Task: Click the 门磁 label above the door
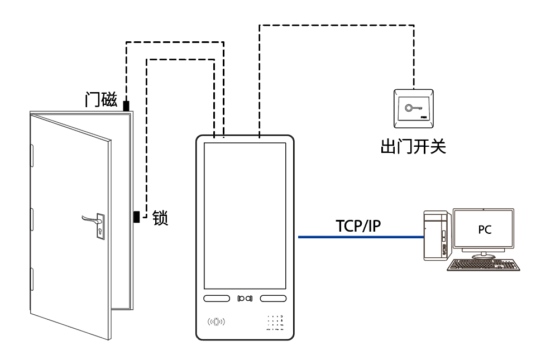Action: (101, 100)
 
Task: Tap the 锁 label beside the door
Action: (160, 217)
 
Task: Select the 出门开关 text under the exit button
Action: (413, 147)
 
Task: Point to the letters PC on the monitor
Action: (485, 229)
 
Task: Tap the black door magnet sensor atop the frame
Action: (126, 105)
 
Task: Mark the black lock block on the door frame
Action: (136, 217)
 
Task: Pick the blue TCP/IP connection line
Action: (360, 237)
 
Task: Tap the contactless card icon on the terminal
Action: (216, 322)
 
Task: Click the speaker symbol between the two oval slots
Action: (245, 299)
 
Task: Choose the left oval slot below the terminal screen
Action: (217, 299)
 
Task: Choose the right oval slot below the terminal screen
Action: (272, 299)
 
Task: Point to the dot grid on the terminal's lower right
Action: (275, 323)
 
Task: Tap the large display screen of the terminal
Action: (246, 215)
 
